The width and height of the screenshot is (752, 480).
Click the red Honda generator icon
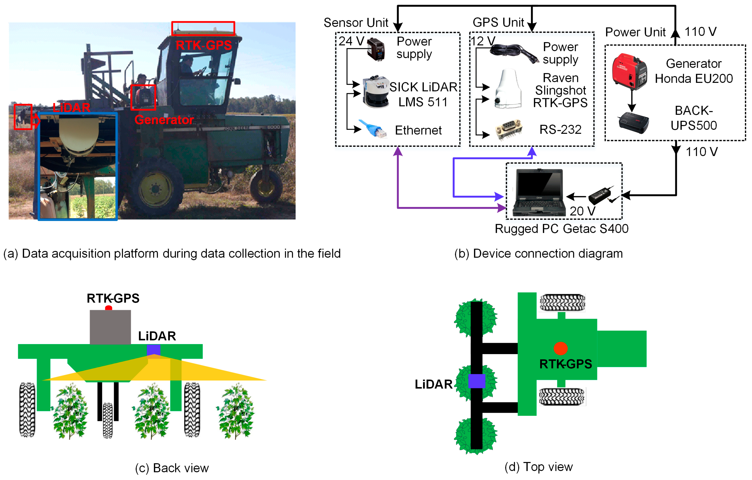[629, 71]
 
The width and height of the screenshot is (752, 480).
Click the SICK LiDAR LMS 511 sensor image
[376, 92]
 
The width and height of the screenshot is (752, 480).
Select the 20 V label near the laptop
[582, 211]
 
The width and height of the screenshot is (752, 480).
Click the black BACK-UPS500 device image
[634, 122]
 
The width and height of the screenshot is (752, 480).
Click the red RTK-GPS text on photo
[204, 46]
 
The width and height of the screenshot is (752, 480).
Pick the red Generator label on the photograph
[164, 120]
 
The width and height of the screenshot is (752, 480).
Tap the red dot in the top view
[560, 348]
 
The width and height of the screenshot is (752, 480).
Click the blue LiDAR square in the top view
[477, 381]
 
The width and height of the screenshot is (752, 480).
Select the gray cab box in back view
[110, 327]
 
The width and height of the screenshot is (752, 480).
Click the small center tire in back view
[108, 420]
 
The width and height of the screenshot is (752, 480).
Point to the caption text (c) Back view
[172, 468]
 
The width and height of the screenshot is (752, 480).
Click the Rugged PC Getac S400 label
[561, 229]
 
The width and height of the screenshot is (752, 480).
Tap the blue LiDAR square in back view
[153, 350]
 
